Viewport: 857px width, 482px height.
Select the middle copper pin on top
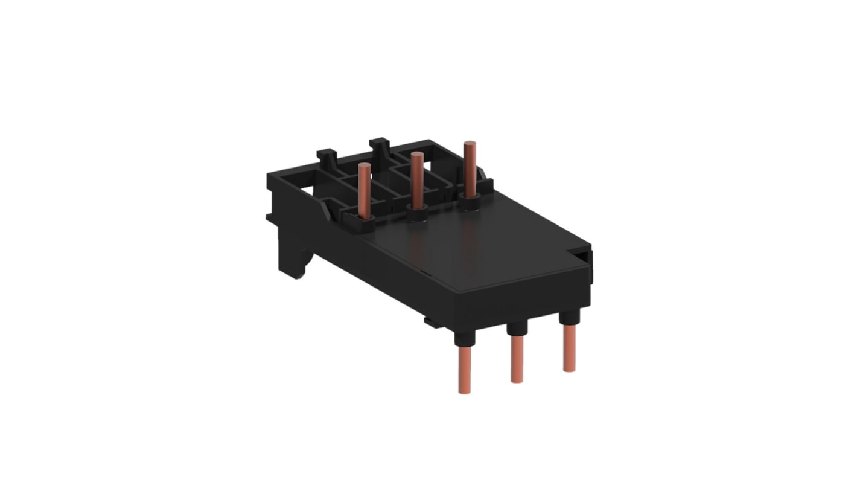pyautogui.click(x=416, y=178)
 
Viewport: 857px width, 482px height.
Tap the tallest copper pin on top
pyautogui.click(x=468, y=166)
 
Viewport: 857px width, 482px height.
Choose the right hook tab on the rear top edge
pyautogui.click(x=380, y=147)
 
